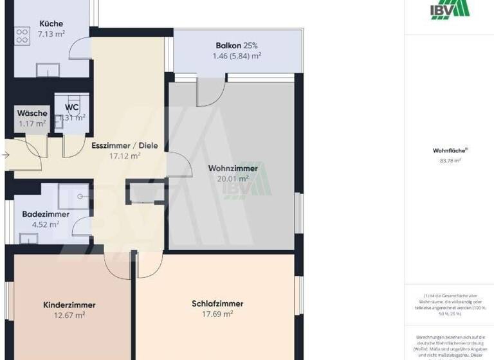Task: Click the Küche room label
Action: click(x=51, y=24)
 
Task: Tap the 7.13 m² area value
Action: click(x=51, y=33)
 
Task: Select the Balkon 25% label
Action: click(x=237, y=46)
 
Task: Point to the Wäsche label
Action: click(x=32, y=113)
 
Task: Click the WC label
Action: click(x=71, y=107)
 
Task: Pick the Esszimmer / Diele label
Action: click(x=116, y=145)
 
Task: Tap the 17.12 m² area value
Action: click(x=125, y=155)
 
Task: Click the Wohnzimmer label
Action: click(x=233, y=168)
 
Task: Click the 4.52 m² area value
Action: click(x=46, y=224)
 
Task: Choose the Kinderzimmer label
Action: click(x=69, y=305)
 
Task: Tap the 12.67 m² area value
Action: click(x=69, y=315)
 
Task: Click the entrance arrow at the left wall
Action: click(x=5, y=155)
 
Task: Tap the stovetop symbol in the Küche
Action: click(x=21, y=35)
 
